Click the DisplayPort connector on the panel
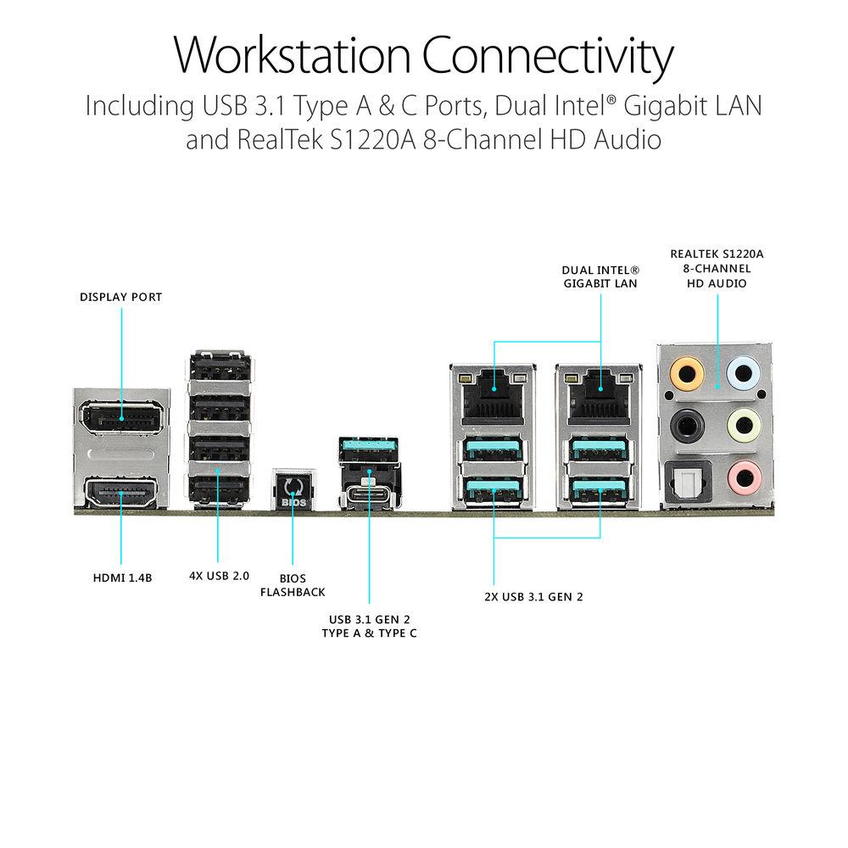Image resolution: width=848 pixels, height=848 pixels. tap(121, 419)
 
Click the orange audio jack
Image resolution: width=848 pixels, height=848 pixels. tap(685, 371)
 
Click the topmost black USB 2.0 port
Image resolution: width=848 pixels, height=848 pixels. tap(218, 371)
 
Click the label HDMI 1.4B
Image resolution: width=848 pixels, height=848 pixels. tap(121, 578)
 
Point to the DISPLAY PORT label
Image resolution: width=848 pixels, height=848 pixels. tap(120, 297)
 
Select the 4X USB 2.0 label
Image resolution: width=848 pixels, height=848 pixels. tap(219, 576)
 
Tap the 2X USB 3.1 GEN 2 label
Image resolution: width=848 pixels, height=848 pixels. tap(533, 596)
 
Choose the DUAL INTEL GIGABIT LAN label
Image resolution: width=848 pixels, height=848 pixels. tap(600, 276)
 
